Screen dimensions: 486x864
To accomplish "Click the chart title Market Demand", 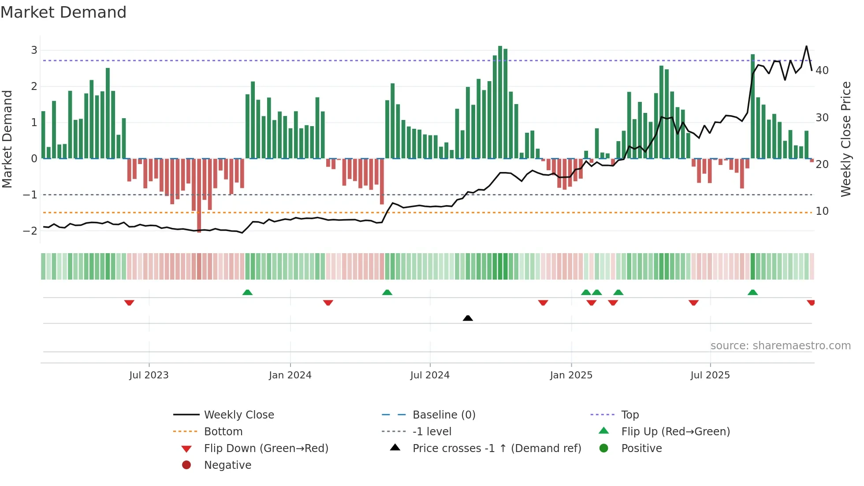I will point(63,12).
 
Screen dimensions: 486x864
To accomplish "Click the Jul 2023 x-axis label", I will point(149,375).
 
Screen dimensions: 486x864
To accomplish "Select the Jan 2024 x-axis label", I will point(290,375).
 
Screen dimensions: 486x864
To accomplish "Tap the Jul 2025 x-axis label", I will point(710,375).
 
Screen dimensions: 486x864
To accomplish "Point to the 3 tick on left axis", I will point(34,50).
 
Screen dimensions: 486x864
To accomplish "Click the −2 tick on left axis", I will point(30,231).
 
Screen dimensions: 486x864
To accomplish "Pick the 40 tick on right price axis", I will point(822,71).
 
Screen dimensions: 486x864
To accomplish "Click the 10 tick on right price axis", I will point(822,211).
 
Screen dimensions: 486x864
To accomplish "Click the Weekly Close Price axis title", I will point(845,139).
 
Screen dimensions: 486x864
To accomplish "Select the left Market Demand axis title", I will point(7,139).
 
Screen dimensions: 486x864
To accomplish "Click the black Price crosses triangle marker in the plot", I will point(468,318).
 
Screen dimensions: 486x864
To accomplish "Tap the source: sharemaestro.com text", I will point(780,346).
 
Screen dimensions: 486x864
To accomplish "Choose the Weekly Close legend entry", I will point(238,415).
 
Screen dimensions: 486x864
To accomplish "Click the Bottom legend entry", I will point(223,432).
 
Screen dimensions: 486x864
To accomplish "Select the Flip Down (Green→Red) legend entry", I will point(266,449).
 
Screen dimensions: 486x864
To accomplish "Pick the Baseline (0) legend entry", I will point(443,415).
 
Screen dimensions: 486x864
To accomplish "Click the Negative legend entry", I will point(227,465).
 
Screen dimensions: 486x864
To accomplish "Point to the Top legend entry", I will point(629,415).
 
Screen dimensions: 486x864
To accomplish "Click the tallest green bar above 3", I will point(500,101).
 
